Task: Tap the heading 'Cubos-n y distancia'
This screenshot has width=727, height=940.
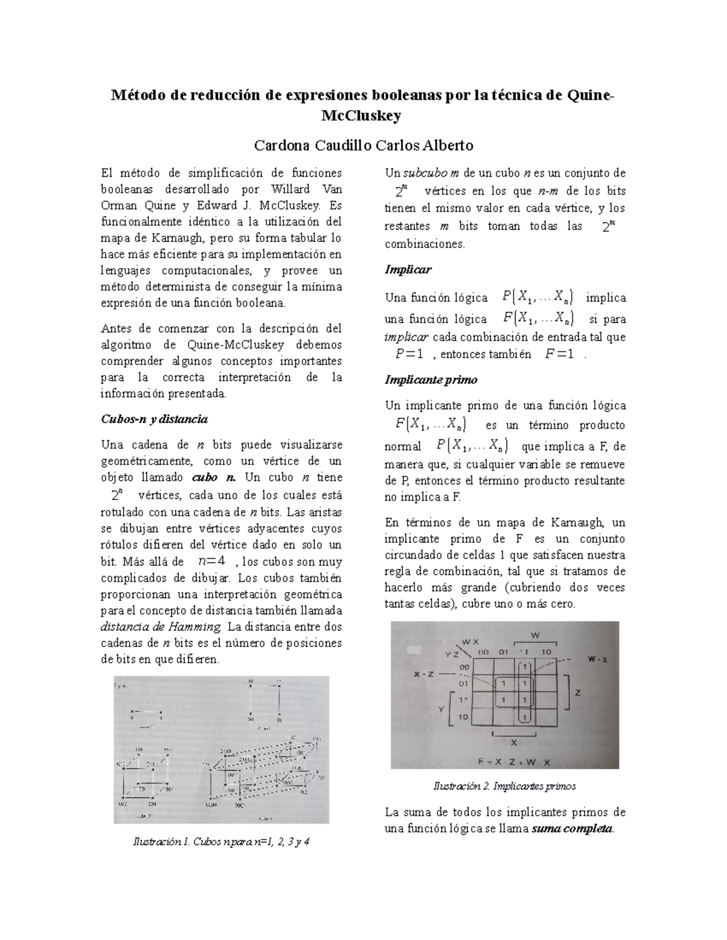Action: pos(154,419)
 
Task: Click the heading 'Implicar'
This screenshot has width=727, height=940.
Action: pos(408,269)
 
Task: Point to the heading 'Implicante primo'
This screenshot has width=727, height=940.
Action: pos(431,380)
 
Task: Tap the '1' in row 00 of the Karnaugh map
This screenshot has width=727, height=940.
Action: pos(525,667)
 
